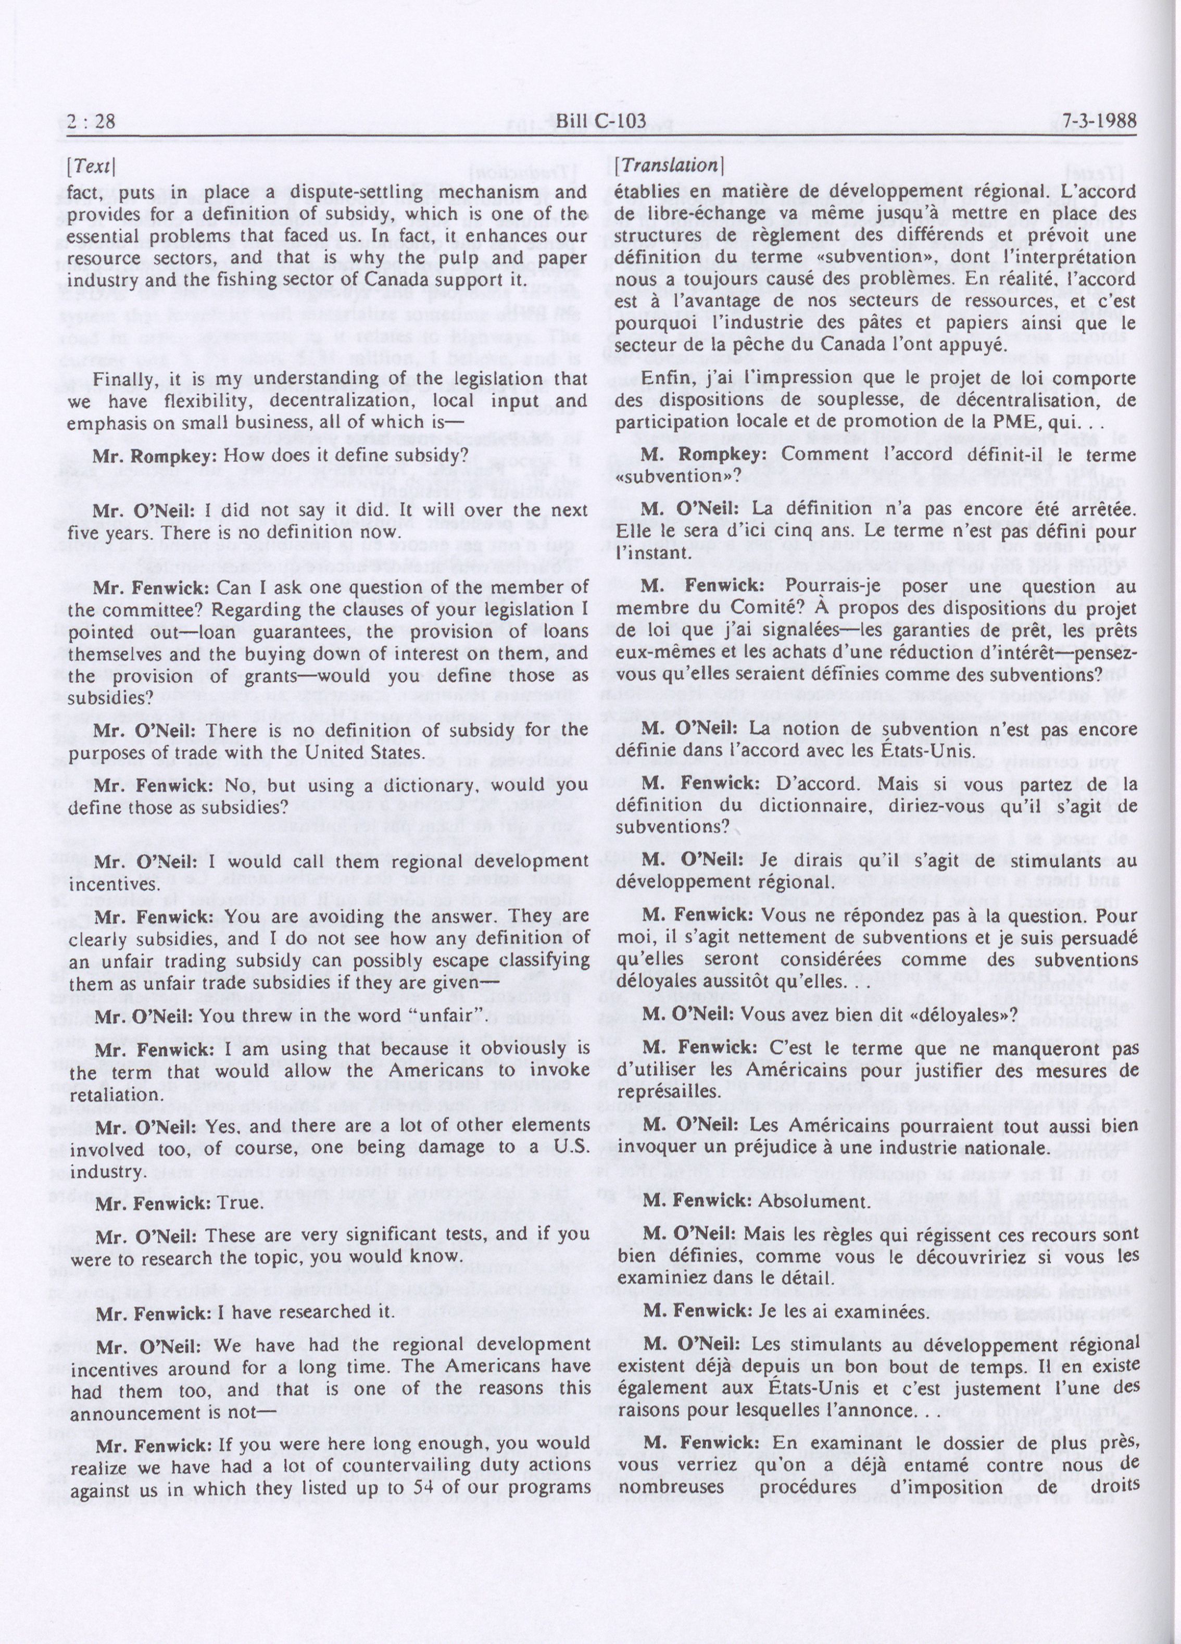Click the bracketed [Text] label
pyautogui.click(x=92, y=167)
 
